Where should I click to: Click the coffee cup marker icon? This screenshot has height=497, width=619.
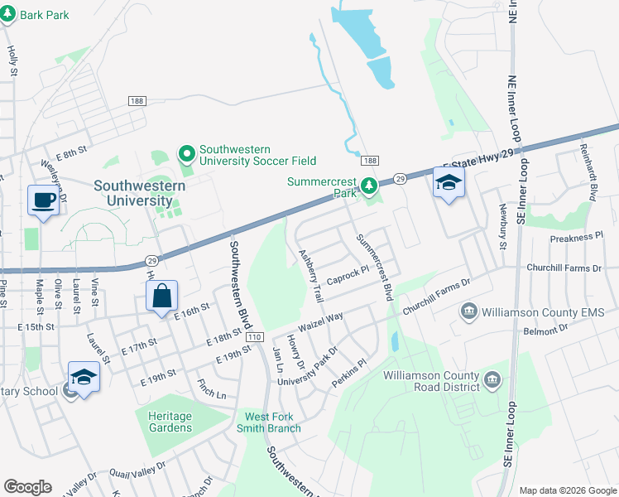point(42,200)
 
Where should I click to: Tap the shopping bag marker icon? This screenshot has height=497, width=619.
point(161,295)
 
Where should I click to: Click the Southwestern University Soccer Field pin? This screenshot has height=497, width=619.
point(187,154)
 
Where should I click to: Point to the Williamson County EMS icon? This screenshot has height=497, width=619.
point(469,311)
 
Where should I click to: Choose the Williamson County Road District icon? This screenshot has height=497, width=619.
point(492,380)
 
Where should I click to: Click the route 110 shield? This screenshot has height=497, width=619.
point(254,336)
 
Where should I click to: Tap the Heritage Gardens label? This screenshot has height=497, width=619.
point(170,422)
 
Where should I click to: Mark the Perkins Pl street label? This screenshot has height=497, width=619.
point(348,370)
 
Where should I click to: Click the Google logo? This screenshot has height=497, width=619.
point(27,487)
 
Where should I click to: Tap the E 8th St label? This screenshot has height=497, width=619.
point(71,154)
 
